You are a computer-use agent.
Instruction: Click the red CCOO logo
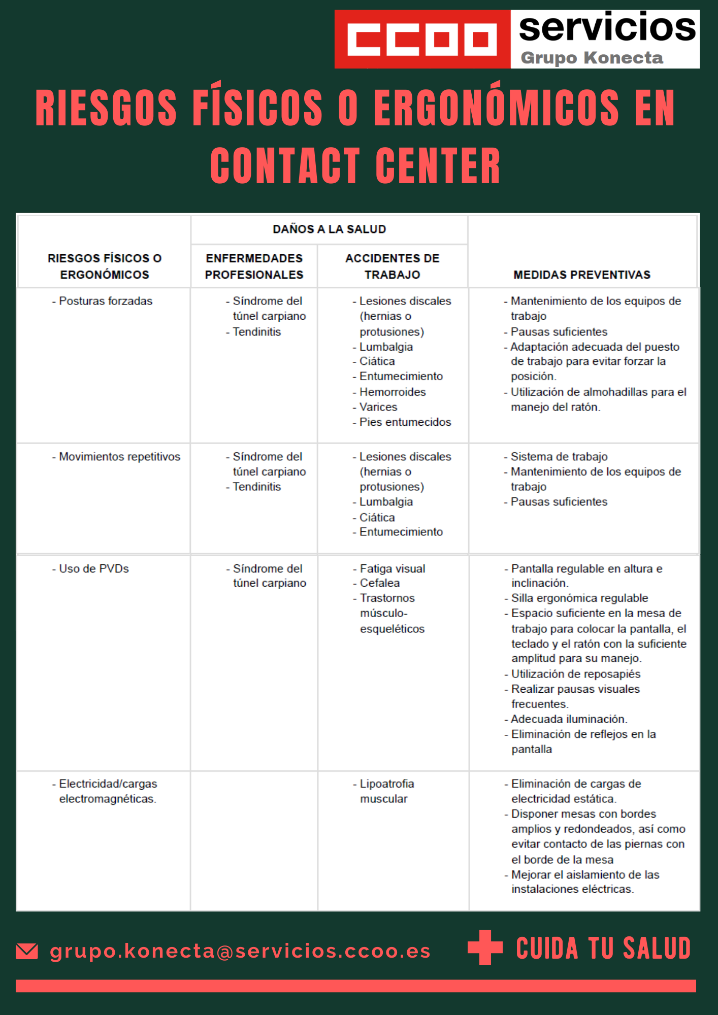422,39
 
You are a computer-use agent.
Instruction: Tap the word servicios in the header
607,28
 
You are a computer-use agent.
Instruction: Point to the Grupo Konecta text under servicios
592,58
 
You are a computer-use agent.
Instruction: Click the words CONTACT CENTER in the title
355,166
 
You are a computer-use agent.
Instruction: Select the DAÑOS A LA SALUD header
329,229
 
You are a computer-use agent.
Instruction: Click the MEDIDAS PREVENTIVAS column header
581,275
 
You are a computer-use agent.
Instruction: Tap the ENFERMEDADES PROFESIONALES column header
254,266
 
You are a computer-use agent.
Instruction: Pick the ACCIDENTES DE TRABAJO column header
392,266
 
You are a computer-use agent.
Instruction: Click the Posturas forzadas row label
105,301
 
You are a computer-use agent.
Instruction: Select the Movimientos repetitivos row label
119,457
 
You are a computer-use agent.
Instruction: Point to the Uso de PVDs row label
94,568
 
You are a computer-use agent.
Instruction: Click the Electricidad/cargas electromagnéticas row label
107,791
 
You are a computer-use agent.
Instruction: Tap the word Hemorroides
393,392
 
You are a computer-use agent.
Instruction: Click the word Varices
378,407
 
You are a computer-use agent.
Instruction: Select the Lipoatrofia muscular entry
386,791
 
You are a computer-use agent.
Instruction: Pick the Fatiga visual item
393,568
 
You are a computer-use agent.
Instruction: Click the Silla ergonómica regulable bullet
579,598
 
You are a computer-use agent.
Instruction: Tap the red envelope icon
27,951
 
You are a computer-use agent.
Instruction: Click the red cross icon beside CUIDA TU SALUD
485,947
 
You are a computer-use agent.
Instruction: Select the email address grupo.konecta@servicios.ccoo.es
240,951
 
